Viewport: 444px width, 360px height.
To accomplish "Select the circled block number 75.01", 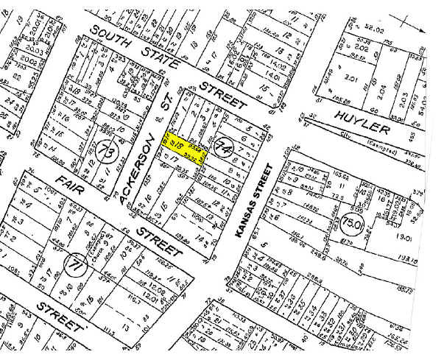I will (x=353, y=222).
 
